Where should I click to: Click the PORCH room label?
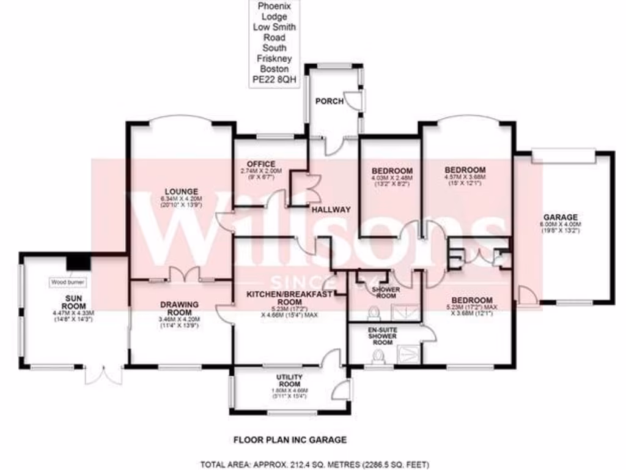pyautogui.click(x=325, y=102)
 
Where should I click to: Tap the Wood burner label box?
pyautogui.click(x=68, y=283)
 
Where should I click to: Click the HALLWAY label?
pyautogui.click(x=331, y=210)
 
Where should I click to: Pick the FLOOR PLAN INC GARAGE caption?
pyautogui.click(x=290, y=439)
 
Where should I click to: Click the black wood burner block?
pyautogui.click(x=79, y=261)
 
